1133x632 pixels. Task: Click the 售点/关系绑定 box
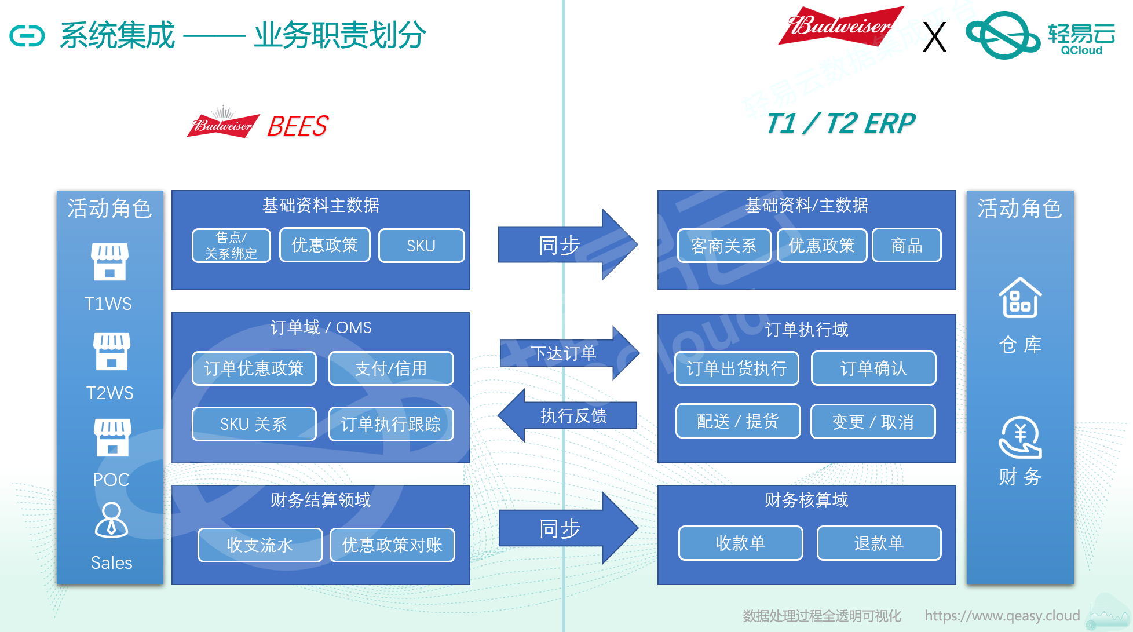click(x=231, y=246)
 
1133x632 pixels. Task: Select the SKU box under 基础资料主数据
click(x=421, y=246)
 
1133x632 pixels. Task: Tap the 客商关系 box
click(x=723, y=246)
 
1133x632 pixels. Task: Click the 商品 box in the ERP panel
click(x=906, y=246)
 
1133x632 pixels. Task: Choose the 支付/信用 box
click(x=391, y=368)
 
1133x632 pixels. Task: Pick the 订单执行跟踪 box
click(x=391, y=424)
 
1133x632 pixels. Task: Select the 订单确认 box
click(x=873, y=368)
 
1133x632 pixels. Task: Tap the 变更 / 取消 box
click(x=872, y=422)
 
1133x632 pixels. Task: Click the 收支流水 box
click(x=260, y=545)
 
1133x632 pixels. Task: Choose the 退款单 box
click(x=879, y=543)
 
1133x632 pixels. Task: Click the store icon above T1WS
click(x=109, y=262)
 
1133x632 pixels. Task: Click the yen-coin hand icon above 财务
click(x=1020, y=437)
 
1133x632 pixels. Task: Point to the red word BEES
click(x=298, y=126)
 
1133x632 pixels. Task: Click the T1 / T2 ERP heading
click(x=840, y=123)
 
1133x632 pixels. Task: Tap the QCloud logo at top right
click(x=1040, y=35)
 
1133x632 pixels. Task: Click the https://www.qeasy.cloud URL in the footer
click(x=1002, y=615)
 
